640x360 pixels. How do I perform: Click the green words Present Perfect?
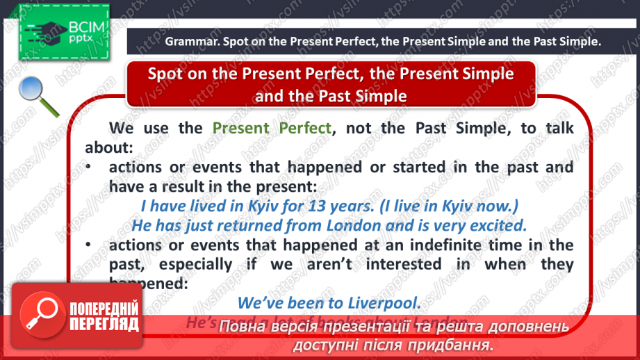pyautogui.click(x=272, y=128)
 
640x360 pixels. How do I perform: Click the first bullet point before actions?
pyautogui.click(x=89, y=167)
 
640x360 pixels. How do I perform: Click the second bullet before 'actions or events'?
pyautogui.click(x=89, y=245)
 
